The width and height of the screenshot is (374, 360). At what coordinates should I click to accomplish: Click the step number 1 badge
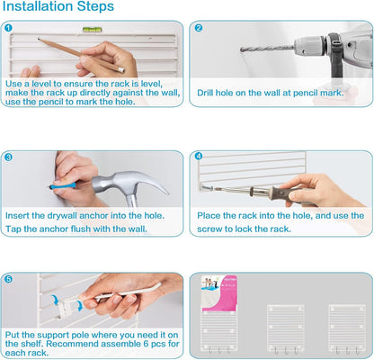click(8, 28)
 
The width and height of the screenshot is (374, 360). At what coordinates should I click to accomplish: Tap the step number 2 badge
click(199, 28)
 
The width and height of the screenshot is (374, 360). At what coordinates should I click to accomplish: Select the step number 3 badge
click(8, 157)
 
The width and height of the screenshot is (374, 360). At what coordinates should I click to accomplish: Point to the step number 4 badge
click(199, 156)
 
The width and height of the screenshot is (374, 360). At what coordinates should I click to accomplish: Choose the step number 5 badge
click(9, 279)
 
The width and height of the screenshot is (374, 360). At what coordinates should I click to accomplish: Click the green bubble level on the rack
click(92, 30)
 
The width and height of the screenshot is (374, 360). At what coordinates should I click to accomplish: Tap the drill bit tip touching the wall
click(242, 49)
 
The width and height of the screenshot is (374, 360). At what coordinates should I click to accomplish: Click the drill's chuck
click(309, 46)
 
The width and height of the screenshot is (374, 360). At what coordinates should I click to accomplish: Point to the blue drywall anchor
click(63, 186)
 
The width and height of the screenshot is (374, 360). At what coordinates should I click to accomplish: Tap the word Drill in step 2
click(205, 93)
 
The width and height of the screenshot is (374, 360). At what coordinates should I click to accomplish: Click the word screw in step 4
click(209, 229)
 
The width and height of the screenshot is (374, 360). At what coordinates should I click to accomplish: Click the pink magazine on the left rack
click(219, 293)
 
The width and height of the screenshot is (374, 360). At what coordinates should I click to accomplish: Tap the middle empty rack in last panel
click(285, 328)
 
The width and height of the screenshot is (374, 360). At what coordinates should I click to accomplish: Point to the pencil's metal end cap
click(120, 70)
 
